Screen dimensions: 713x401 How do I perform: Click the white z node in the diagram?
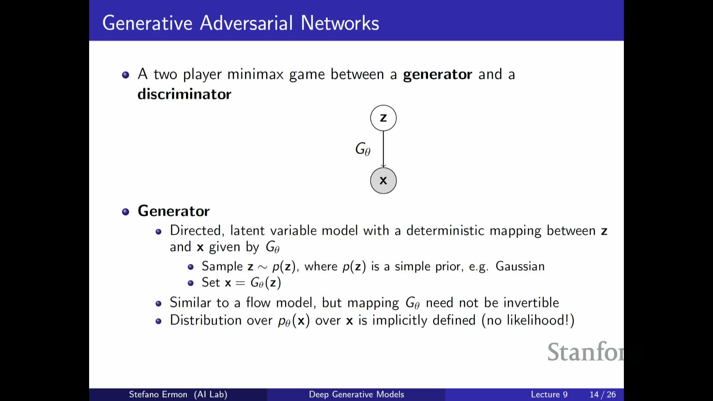pos(383,118)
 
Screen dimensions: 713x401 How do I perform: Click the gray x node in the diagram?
pos(383,181)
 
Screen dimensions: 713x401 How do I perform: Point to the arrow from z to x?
pos(383,149)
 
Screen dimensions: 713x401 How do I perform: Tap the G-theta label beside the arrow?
pos(363,149)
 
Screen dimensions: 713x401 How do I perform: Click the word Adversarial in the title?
pos(247,23)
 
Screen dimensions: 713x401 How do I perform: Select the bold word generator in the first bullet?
pos(437,75)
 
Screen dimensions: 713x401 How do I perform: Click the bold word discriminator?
pos(184,94)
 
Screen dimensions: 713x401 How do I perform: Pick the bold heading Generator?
pos(173,211)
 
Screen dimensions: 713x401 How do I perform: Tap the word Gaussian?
pos(520,266)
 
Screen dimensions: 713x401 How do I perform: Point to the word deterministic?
pos(445,231)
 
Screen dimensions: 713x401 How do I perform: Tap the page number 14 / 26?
pos(602,394)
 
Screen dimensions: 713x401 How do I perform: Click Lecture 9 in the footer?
pos(549,394)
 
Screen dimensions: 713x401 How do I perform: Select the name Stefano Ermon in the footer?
pos(158,394)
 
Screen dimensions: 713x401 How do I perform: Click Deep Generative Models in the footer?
pos(356,394)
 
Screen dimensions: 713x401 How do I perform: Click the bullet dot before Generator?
pos(126,212)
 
